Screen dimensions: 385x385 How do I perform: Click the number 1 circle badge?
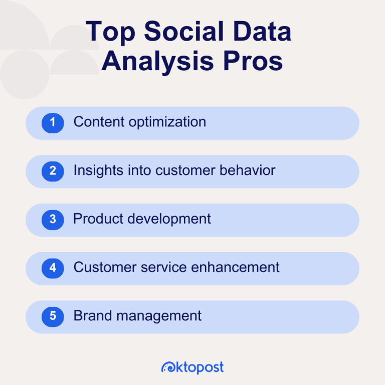click(x=53, y=123)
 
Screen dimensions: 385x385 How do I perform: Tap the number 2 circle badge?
click(x=53, y=171)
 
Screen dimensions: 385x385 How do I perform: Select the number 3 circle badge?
click(x=53, y=220)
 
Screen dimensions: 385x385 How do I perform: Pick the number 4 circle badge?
click(x=53, y=268)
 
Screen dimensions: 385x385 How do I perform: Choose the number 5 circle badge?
click(x=53, y=316)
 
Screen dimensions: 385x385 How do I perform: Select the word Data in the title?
click(x=263, y=33)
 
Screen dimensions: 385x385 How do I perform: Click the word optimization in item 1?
click(x=168, y=122)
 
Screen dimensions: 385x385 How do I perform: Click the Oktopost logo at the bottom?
click(x=192, y=367)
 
